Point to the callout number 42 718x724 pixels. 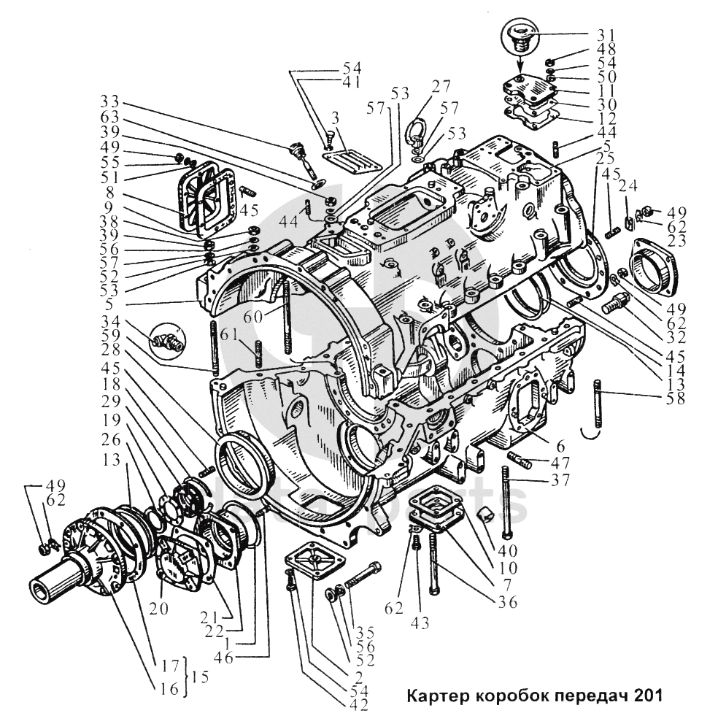358,704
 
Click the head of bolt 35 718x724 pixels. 377,569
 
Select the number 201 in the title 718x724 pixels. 648,695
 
